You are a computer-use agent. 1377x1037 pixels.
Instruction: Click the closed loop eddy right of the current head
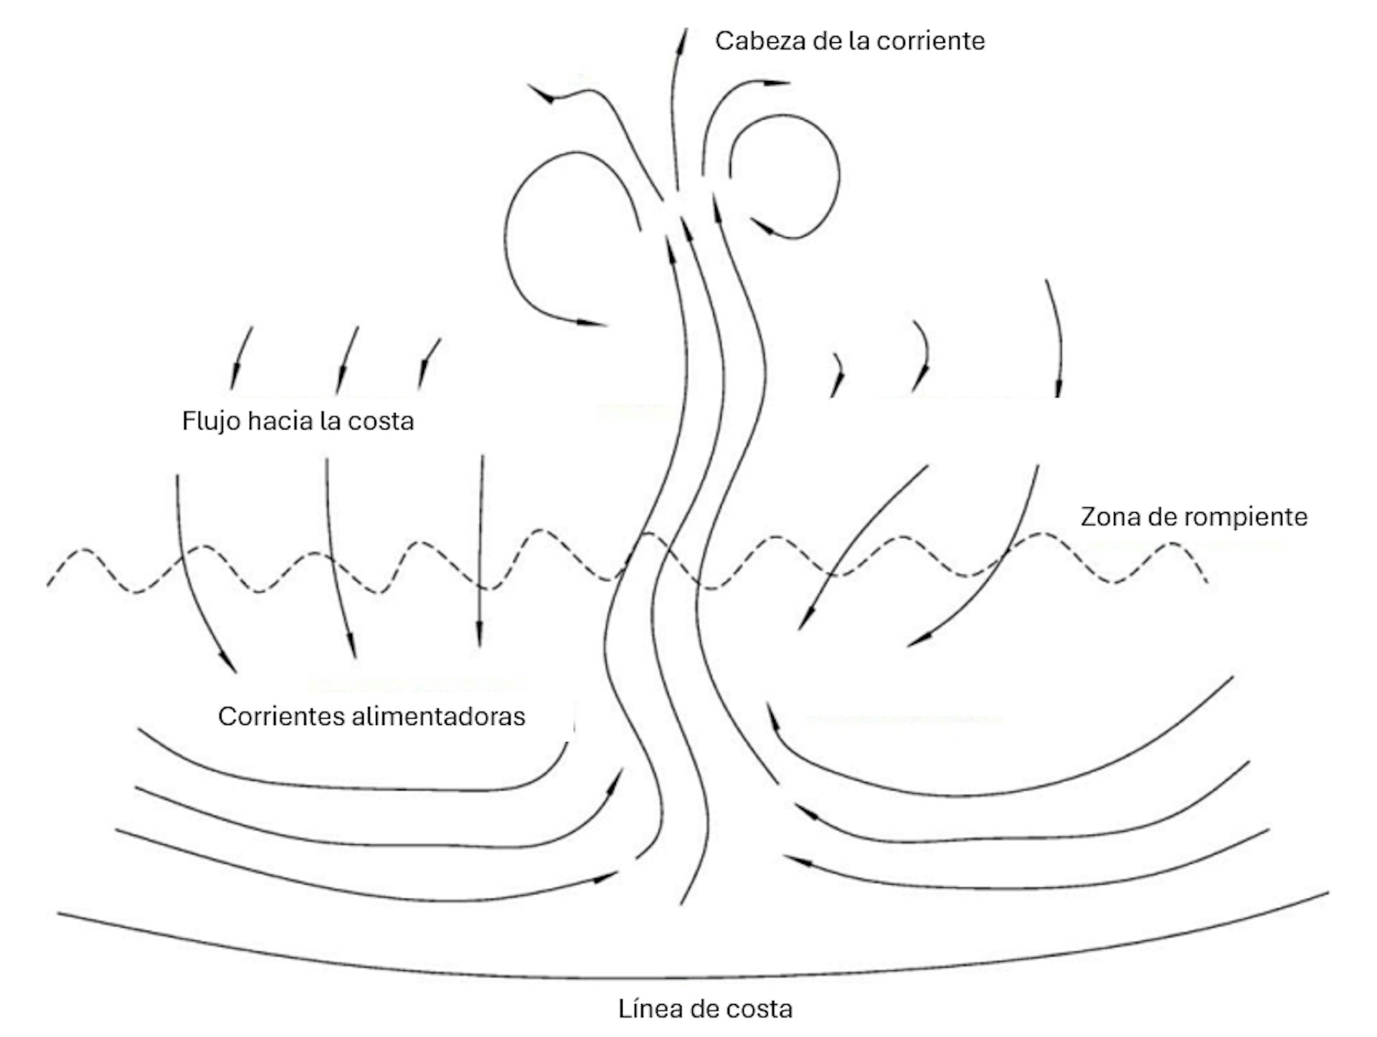786,176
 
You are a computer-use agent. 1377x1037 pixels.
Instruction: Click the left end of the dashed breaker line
49,585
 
